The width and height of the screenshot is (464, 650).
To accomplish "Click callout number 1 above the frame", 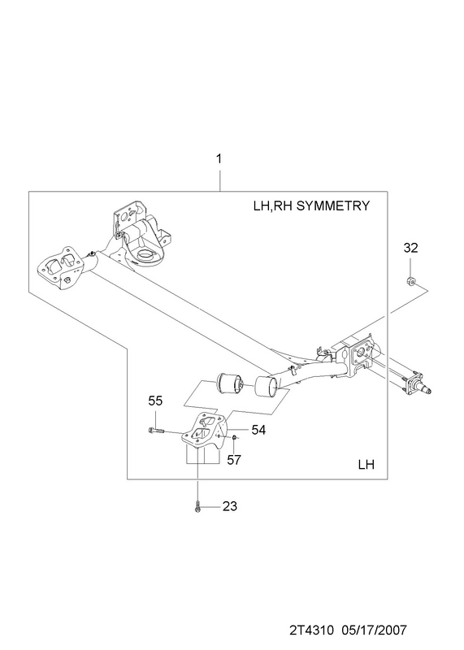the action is [219, 158].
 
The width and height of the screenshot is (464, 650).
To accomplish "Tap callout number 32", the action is [411, 248].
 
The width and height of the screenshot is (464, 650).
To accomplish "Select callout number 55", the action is [155, 401].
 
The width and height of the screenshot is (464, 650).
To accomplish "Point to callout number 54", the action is [258, 430].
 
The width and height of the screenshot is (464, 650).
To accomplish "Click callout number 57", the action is [234, 460].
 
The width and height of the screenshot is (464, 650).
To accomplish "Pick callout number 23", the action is [230, 506].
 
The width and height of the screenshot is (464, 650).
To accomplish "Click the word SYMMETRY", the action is [333, 206].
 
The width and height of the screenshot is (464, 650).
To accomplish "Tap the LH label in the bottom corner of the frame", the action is [366, 465].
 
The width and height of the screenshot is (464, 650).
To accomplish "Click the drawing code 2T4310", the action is [311, 630].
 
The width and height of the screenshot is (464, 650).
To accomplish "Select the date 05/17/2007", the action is [374, 630].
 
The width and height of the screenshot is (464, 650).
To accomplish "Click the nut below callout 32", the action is [410, 280].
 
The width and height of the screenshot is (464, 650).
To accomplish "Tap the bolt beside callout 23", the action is [197, 506].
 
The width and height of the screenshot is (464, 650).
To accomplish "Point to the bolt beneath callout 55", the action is [155, 431].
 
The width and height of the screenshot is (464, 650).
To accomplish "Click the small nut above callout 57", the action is [234, 437].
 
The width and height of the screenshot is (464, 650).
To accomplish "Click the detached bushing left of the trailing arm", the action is [231, 383].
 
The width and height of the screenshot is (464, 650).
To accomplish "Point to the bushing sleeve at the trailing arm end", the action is [267, 387].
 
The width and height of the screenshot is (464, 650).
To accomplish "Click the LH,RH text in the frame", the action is [273, 206].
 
